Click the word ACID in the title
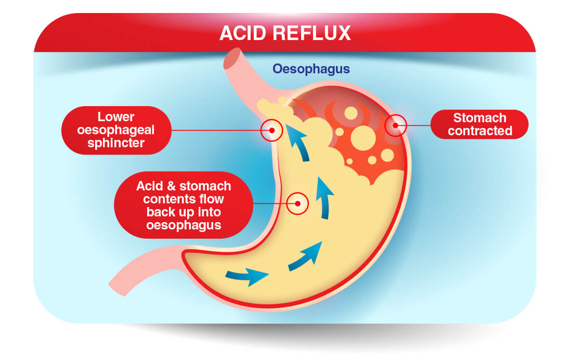[243, 33]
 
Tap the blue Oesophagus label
[311, 69]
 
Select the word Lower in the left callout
[116, 117]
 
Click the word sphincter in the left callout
[116, 143]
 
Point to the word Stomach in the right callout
[480, 118]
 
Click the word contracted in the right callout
[480, 131]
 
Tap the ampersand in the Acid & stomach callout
[171, 186]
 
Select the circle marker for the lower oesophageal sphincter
[272, 131]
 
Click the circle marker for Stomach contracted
[396, 125]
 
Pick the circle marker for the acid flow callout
[297, 203]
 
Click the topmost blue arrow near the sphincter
[297, 143]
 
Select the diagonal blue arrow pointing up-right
[305, 257]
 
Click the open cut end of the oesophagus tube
[233, 58]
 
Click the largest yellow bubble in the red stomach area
[363, 138]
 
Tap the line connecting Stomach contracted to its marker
[419, 125]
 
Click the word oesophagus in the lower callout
[184, 225]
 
